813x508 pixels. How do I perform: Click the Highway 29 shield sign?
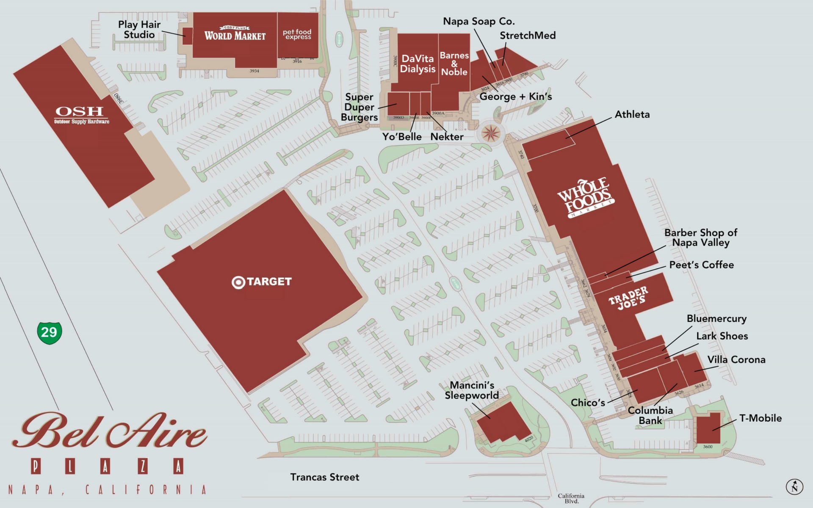(x=50, y=333)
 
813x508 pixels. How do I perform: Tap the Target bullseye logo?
(x=238, y=282)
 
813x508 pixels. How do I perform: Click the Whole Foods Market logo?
(x=586, y=198)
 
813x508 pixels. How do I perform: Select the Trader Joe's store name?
(x=628, y=298)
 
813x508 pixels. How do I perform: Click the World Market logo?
(x=235, y=34)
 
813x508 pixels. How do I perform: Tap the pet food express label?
(x=297, y=34)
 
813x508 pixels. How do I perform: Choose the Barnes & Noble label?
(x=454, y=64)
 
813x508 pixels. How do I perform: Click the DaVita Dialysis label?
(x=418, y=64)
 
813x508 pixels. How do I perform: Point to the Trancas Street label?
(x=324, y=477)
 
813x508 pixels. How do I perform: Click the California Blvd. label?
(x=571, y=498)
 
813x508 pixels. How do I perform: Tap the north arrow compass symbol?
(x=794, y=487)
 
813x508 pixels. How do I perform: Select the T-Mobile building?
(x=708, y=428)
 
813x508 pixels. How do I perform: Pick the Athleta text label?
(x=632, y=114)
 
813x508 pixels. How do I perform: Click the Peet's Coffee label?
(x=701, y=265)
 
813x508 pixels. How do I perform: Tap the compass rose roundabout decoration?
(x=490, y=133)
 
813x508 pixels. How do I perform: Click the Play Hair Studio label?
(x=139, y=30)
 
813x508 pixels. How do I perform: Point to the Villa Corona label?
(x=736, y=360)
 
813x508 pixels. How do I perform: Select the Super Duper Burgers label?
(x=359, y=107)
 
